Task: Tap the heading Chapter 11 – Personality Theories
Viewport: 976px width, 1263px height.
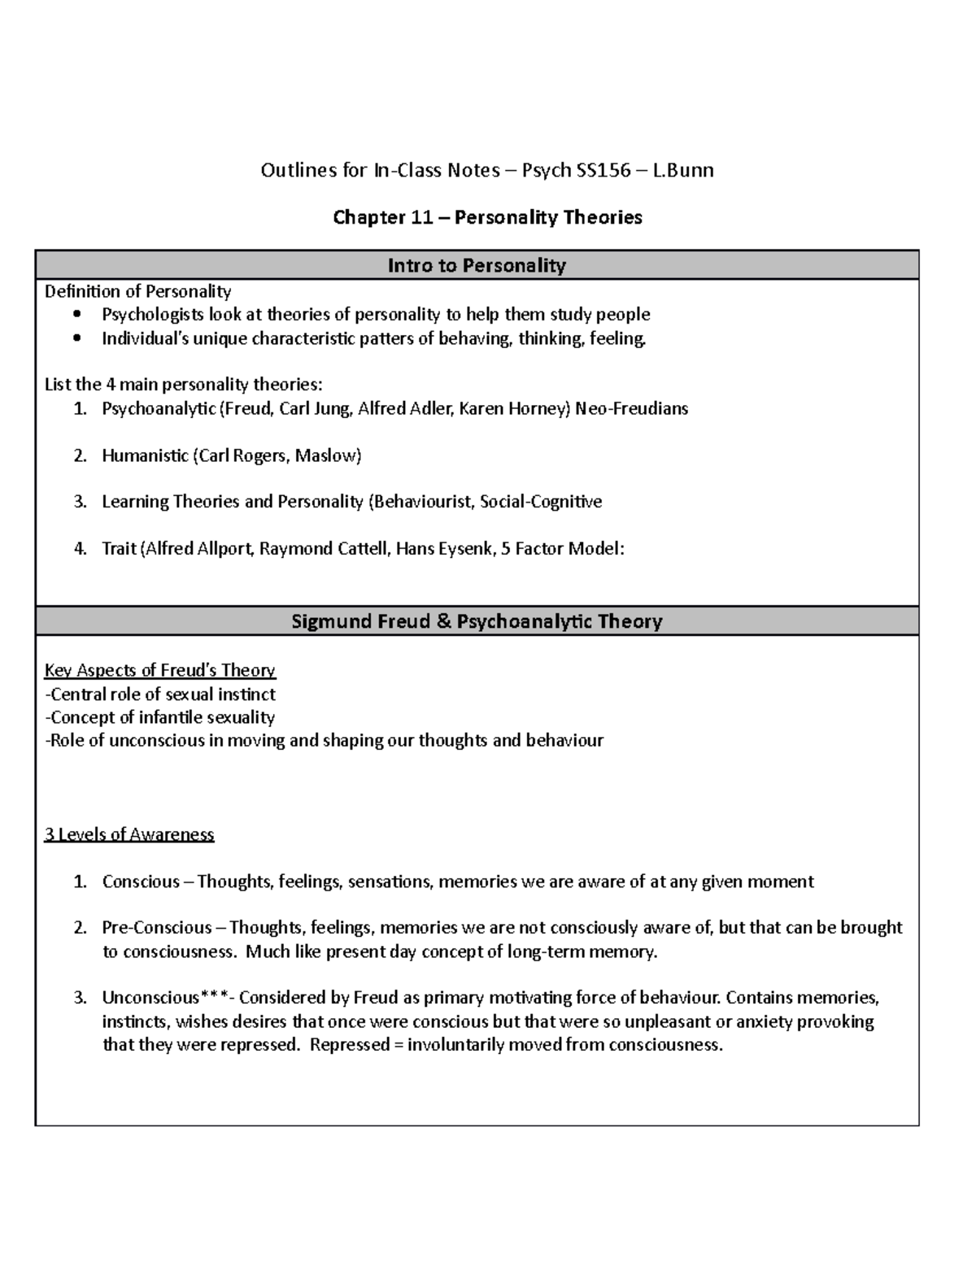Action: click(x=487, y=217)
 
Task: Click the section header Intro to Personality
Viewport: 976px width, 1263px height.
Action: click(x=477, y=265)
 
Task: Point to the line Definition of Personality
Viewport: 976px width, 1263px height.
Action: click(x=137, y=291)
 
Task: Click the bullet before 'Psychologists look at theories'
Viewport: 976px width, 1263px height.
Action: click(x=77, y=315)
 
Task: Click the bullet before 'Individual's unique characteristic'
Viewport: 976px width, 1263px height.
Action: click(x=77, y=338)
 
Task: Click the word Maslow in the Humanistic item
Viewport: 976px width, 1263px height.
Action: click(x=328, y=455)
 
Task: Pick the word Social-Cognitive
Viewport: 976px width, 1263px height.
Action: click(x=541, y=502)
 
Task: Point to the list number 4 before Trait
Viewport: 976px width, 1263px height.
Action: click(x=80, y=549)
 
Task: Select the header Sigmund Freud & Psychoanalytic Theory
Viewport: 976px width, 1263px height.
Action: click(x=477, y=621)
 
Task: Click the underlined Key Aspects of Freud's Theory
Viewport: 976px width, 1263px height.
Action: click(x=159, y=670)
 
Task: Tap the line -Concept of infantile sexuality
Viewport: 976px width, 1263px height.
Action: click(x=159, y=717)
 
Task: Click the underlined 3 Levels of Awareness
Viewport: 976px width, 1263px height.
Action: click(x=129, y=834)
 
